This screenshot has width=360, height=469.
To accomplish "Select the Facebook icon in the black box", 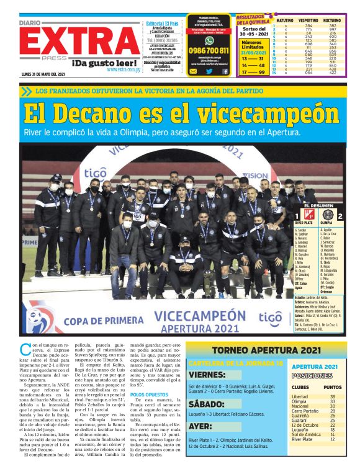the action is [x=225, y=71].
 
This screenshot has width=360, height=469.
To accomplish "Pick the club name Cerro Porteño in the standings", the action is [x=305, y=411].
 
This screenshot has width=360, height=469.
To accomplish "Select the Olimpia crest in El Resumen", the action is [x=327, y=217].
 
